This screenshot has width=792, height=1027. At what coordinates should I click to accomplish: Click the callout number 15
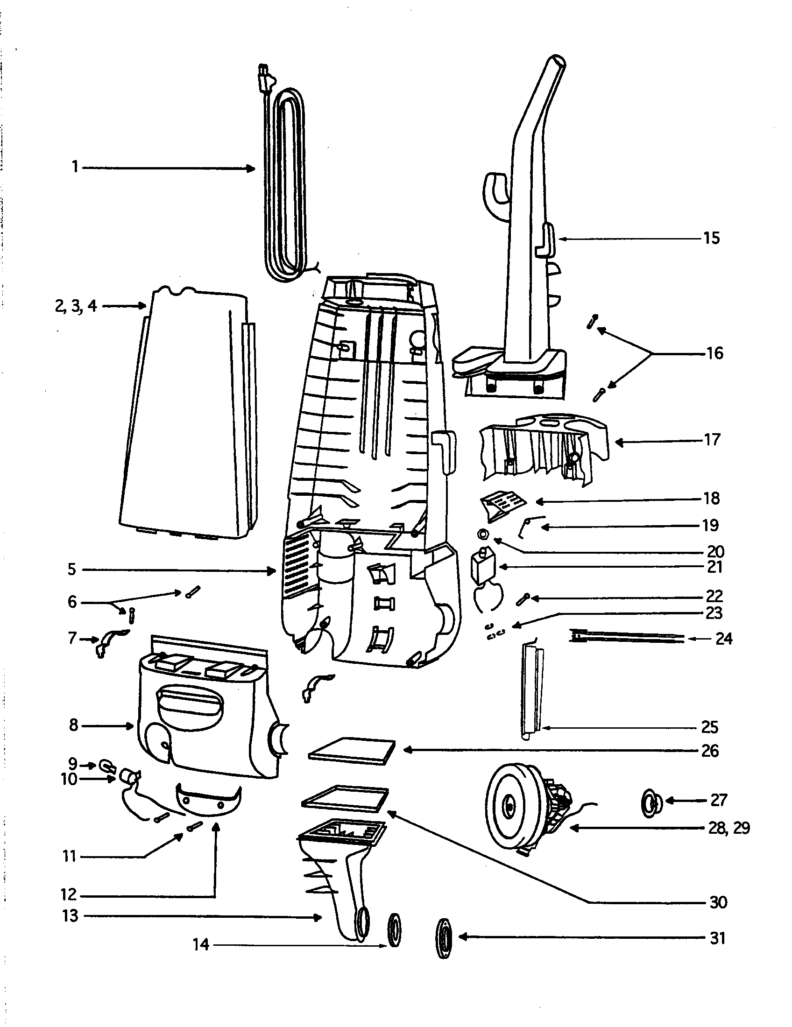(x=712, y=239)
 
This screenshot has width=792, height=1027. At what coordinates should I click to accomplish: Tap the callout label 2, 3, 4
(x=75, y=306)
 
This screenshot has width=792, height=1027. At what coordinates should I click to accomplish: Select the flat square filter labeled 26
(x=352, y=751)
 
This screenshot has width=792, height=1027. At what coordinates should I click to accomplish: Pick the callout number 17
(x=713, y=440)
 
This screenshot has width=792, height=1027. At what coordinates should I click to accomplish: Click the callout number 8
(x=73, y=725)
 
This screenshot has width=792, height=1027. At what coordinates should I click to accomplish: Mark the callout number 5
(x=71, y=570)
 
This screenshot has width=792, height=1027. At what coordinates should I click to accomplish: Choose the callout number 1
(x=75, y=167)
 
